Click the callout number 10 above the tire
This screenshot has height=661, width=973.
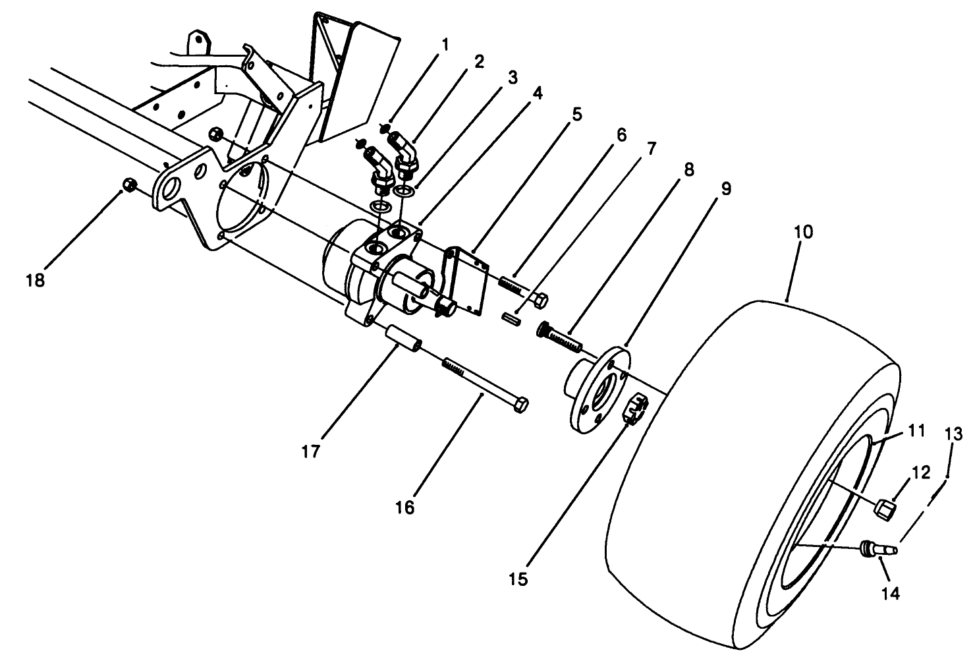click(x=803, y=232)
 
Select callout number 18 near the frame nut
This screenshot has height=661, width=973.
click(x=35, y=280)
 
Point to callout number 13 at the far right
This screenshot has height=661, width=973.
click(x=953, y=434)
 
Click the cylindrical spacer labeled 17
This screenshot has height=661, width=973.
click(x=403, y=338)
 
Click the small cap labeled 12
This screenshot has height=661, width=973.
click(x=884, y=508)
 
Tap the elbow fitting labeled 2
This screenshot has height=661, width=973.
click(x=406, y=151)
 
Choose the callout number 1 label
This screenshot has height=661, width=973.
click(x=445, y=44)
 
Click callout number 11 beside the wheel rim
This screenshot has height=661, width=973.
click(x=916, y=431)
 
